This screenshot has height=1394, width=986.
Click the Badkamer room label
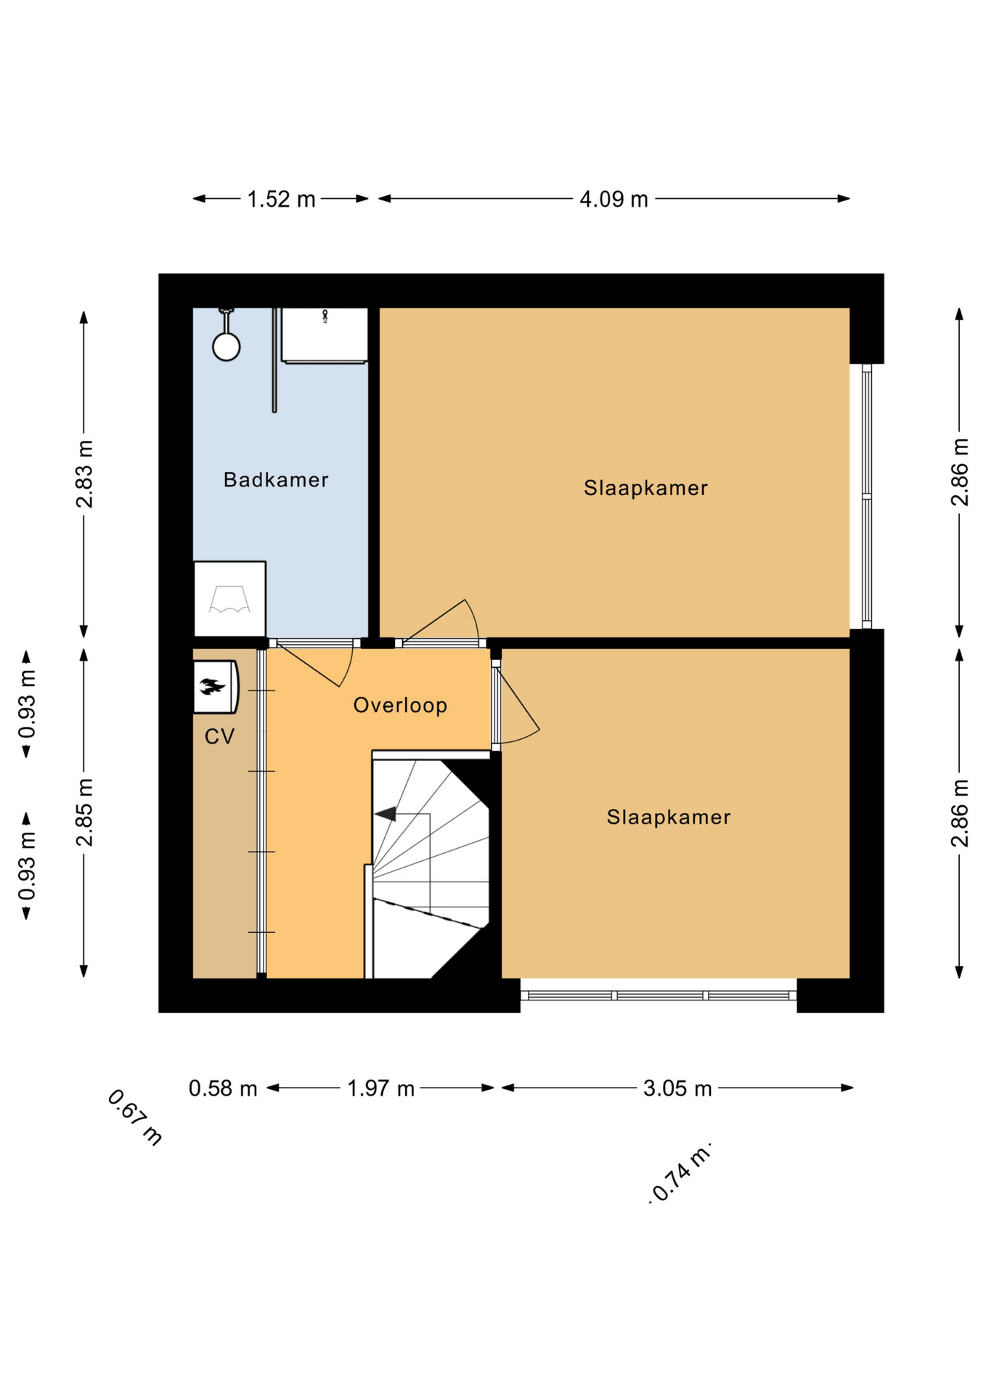pos(276,480)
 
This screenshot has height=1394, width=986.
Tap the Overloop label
pos(400,706)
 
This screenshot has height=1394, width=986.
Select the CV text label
pos(219,737)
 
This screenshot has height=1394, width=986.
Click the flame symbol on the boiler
pos(212,686)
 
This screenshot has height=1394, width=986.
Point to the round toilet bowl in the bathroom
pos(227,346)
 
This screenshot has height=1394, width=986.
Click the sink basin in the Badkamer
pos(325,335)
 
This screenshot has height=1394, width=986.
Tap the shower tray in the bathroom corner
pos(229,599)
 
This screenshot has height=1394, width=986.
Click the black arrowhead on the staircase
pos(386,814)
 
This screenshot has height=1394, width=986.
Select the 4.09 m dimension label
pos(614,199)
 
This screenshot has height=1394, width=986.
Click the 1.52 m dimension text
pos(281,199)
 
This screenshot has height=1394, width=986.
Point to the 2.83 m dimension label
pos(85,473)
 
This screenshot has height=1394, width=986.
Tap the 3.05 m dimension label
pos(677,1088)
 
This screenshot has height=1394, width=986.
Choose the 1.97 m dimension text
pos(380,1088)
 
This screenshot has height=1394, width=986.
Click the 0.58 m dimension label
pos(223,1088)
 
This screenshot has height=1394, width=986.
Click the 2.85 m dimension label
pos(85,812)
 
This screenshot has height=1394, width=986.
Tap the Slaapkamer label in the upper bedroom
pos(645,488)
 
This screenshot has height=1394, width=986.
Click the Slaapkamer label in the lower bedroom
pos(669,818)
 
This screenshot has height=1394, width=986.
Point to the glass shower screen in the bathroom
pos(274,360)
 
